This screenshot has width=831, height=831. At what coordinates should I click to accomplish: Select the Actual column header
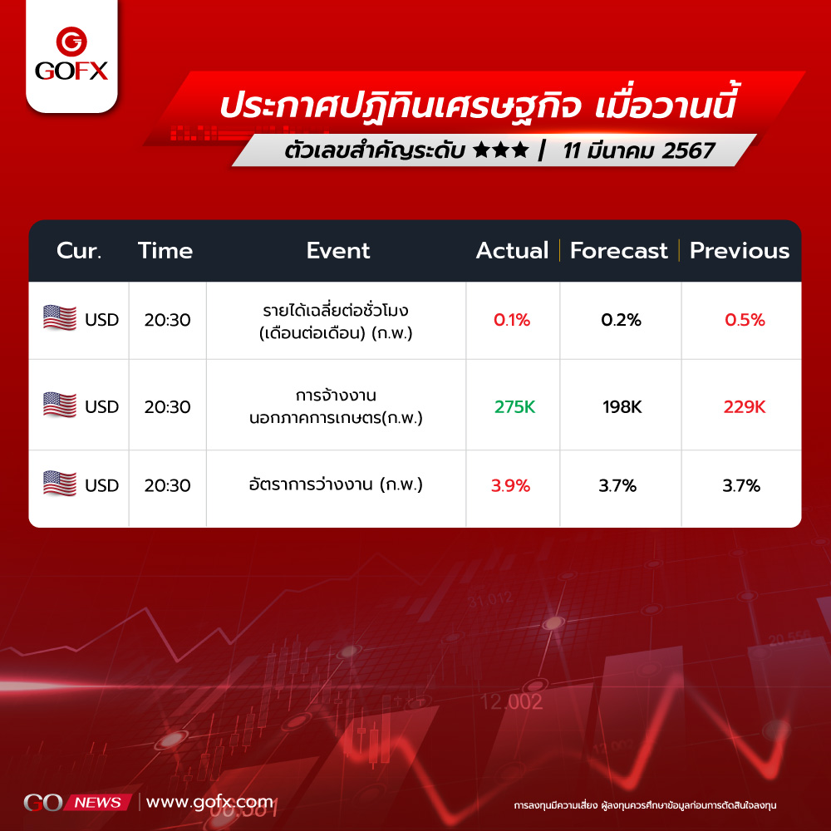tap(512, 251)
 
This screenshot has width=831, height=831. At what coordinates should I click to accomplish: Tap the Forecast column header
tap(618, 251)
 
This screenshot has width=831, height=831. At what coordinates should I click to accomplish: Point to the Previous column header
tap(740, 251)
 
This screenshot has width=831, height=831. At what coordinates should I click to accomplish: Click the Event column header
tap(337, 251)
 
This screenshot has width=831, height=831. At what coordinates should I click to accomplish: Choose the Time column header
tap(165, 251)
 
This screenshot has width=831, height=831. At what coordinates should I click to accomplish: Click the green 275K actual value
tap(514, 406)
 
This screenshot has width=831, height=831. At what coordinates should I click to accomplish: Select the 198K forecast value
tap(622, 406)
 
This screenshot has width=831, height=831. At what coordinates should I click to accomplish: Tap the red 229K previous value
tap(745, 406)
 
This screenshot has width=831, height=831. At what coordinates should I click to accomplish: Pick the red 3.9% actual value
tap(510, 485)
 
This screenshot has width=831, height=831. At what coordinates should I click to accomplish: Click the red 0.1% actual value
tap(511, 320)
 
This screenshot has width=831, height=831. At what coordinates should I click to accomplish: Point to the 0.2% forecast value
tap(621, 320)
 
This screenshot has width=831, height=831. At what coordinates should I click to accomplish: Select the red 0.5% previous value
tap(745, 320)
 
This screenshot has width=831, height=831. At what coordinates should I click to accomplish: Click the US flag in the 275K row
tap(59, 406)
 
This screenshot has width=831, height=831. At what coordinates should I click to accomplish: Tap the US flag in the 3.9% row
tap(59, 484)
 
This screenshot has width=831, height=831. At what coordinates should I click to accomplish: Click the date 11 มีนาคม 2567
tap(638, 151)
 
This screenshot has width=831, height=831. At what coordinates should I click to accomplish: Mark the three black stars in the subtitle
tap(501, 150)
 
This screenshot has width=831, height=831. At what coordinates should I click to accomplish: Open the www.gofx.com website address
tap(210, 802)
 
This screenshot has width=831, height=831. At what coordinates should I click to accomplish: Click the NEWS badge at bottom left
tap(98, 803)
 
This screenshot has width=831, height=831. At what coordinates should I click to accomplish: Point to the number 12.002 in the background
tap(511, 701)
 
